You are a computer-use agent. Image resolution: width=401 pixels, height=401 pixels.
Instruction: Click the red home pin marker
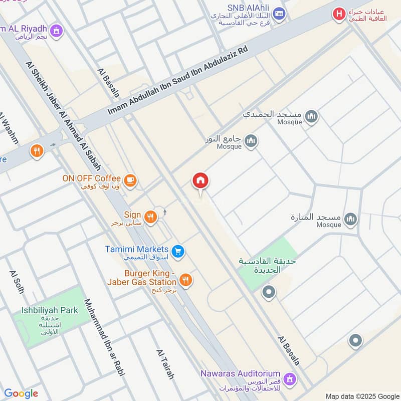coord(200,181)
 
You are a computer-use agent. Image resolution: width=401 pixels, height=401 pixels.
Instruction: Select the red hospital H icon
coord(339,15)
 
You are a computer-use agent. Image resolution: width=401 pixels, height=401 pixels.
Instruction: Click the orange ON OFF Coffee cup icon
coord(130,180)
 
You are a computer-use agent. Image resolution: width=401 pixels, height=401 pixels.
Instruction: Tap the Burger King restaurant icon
coord(185,280)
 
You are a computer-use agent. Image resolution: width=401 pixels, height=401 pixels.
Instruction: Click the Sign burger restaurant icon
coord(150,217)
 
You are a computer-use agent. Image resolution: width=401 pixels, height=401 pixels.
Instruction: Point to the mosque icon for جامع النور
coord(251,141)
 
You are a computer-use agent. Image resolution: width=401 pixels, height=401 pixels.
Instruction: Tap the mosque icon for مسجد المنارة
coord(351,219)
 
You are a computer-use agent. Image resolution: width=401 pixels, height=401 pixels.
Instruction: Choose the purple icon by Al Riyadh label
coord(57,31)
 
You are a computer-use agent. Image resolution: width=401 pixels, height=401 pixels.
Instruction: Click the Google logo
coord(21,393)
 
